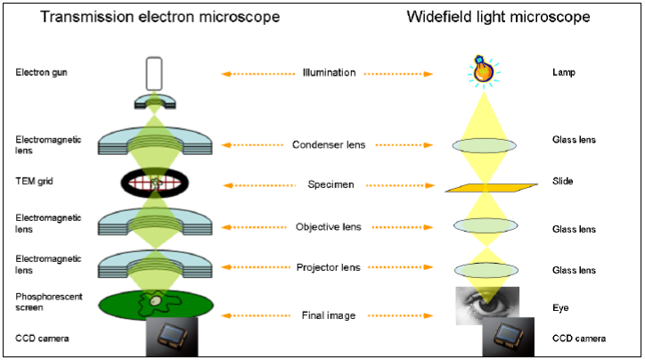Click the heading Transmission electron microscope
[x=147, y=18]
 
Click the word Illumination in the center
[x=330, y=72]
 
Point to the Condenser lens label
[x=331, y=145]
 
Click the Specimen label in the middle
[x=331, y=184]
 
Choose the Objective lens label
[x=331, y=227]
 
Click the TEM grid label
[x=33, y=181]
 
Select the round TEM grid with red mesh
[x=155, y=183]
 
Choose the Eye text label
[x=560, y=307]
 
